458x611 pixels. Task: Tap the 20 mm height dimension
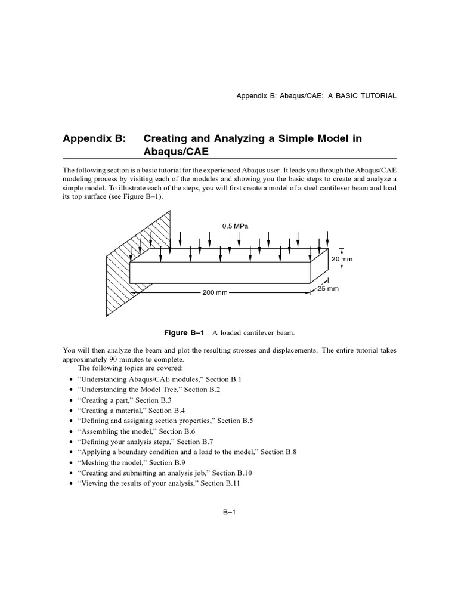342,259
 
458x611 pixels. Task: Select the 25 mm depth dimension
328,289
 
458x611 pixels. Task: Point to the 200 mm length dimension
215,293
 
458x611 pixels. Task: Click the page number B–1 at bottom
230,511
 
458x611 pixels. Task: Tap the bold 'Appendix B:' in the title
95,138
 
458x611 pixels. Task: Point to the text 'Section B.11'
220,483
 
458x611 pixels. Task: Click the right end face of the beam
319,266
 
